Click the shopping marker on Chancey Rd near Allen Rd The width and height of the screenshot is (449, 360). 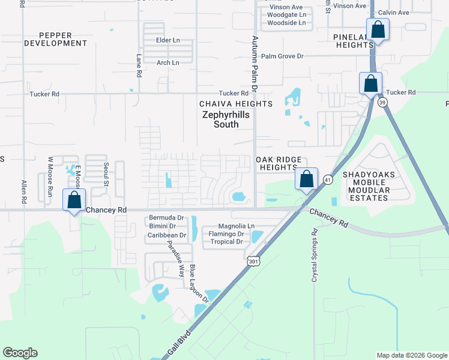74,200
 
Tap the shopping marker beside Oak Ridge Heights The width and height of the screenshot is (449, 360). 306,179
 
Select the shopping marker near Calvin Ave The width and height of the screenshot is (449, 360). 378,29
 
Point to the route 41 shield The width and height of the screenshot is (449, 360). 328,179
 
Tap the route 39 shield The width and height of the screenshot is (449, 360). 383,103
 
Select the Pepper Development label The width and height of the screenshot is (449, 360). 55,39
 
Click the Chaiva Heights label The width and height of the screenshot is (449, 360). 236,104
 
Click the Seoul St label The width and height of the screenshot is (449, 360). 106,171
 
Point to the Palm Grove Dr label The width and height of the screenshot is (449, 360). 282,56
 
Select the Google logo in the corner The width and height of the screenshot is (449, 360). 20,353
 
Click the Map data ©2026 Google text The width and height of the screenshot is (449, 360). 411,355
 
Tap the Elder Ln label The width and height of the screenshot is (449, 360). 167,40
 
